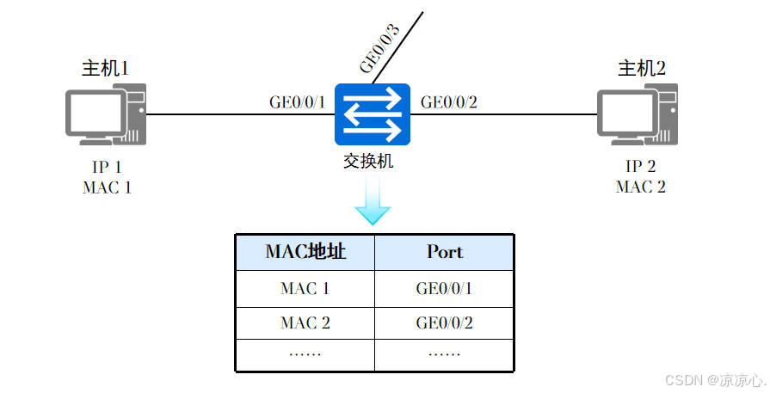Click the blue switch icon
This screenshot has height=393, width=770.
pyautogui.click(x=373, y=114)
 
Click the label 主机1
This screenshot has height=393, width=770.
pyautogui.click(x=106, y=68)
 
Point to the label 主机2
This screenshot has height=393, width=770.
pyautogui.click(x=642, y=68)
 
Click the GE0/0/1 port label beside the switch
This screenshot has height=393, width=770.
pyautogui.click(x=298, y=102)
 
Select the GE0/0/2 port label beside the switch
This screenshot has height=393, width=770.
pyautogui.click(x=448, y=102)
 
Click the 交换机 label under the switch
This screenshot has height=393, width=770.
pyautogui.click(x=373, y=161)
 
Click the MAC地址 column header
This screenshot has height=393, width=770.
pyautogui.click(x=305, y=252)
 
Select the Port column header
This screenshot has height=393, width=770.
pyautogui.click(x=444, y=252)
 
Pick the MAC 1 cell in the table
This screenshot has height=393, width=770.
pyautogui.click(x=305, y=289)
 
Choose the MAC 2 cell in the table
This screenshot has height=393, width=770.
pyautogui.click(x=305, y=323)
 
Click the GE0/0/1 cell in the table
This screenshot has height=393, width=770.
pyautogui.click(x=444, y=289)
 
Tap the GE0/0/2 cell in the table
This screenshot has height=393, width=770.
pyautogui.click(x=444, y=323)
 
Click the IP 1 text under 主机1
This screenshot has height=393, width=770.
pyautogui.click(x=107, y=167)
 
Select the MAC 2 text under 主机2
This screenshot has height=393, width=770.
pyautogui.click(x=641, y=186)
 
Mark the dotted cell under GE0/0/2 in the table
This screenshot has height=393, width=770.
pyautogui.click(x=444, y=353)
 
